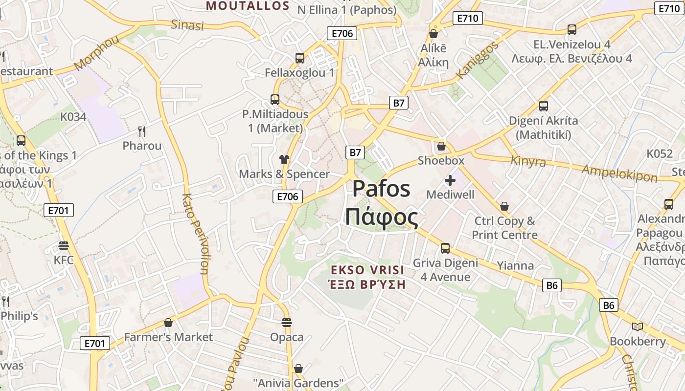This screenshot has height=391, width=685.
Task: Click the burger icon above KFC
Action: point(64,245)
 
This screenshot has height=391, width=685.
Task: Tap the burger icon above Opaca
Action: point(287,323)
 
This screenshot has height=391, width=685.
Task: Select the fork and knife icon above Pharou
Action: point(142,131)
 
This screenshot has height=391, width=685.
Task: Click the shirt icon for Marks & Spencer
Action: point(284,159)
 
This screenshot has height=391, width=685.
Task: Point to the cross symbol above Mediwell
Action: point(450,180)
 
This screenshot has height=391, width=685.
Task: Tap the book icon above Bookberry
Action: point(637,326)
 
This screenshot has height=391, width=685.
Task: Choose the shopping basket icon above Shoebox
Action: point(441,146)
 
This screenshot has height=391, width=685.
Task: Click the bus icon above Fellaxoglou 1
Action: point(300,58)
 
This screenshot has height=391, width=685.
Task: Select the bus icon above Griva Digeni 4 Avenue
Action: point(445,248)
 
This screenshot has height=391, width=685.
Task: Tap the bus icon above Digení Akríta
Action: point(543,106)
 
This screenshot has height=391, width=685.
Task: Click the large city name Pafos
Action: point(381,188)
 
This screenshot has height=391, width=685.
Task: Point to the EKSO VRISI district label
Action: point(367,270)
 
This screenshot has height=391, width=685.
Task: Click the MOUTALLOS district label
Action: point(248,6)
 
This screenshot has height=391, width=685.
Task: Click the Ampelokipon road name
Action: point(619,173)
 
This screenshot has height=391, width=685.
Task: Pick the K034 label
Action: point(73,117)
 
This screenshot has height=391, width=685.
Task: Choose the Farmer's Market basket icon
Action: point(168,323)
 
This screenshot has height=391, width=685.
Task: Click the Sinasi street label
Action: point(187,25)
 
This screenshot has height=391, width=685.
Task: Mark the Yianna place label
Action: point(515,265)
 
